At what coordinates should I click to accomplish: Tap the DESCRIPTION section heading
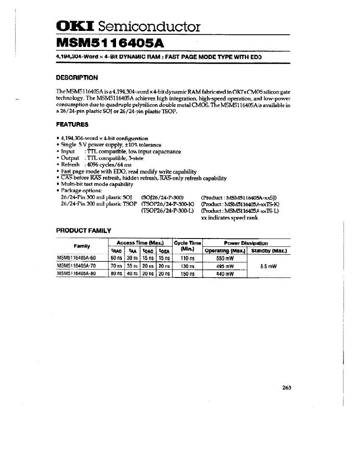(77, 78)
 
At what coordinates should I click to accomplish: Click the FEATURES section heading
(72, 125)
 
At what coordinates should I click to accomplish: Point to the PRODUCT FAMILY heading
(84, 230)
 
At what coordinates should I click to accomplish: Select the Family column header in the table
(82, 246)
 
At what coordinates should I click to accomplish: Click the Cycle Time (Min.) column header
(188, 246)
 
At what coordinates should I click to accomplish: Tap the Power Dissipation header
(246, 243)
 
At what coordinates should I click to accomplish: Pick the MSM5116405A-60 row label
(77, 258)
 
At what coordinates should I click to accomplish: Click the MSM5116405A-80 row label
(77, 274)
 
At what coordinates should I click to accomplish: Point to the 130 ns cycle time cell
(187, 266)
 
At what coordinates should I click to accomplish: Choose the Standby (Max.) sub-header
(269, 251)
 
